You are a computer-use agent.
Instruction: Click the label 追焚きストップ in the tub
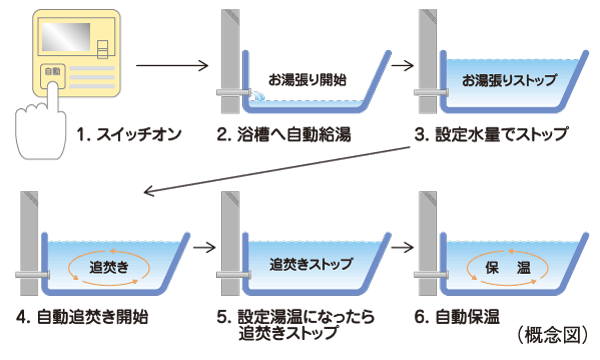point(305,267)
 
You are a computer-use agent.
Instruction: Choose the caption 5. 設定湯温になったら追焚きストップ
point(299,326)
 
